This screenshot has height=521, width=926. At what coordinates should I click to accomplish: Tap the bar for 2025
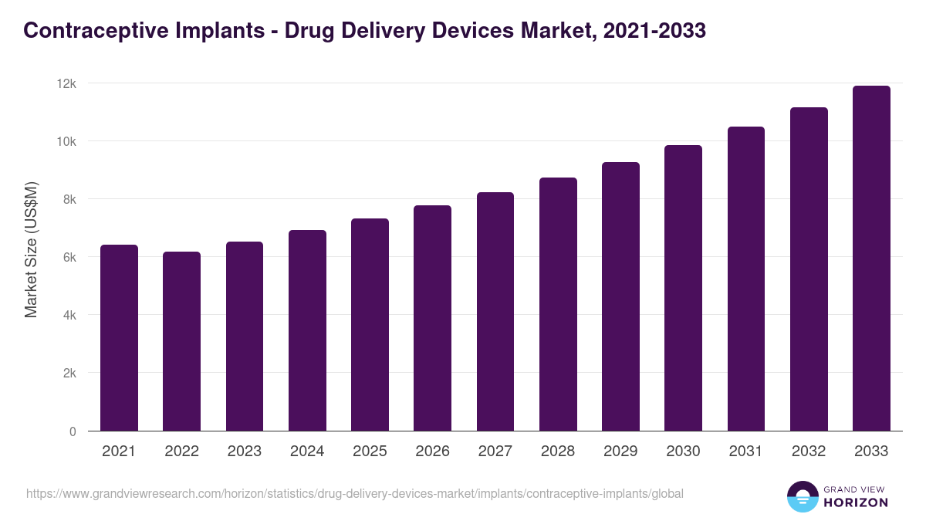pos(370,325)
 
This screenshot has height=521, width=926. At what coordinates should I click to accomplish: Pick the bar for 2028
pos(558,304)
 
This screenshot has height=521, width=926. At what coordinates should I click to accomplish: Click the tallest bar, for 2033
pos(871,259)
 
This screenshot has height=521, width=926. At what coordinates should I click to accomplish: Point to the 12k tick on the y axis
pos(68,83)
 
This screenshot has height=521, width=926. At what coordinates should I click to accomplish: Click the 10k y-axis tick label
pos(68,141)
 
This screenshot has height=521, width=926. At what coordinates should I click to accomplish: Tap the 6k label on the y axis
pos(69,257)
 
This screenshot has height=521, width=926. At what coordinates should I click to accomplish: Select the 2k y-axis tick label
pos(69,373)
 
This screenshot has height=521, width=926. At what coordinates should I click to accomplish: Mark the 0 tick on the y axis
pos(73,431)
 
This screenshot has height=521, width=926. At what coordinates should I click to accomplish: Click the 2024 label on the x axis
pos(307,452)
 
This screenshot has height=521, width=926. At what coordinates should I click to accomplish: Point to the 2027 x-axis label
pos(495,452)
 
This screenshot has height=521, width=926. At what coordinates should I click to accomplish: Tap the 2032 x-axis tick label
pos(809,452)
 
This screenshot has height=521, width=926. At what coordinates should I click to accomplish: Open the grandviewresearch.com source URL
pos(355,493)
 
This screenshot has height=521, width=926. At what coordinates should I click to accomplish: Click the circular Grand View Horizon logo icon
pos(803,496)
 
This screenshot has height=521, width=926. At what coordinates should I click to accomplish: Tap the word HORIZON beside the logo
pos(856,502)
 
